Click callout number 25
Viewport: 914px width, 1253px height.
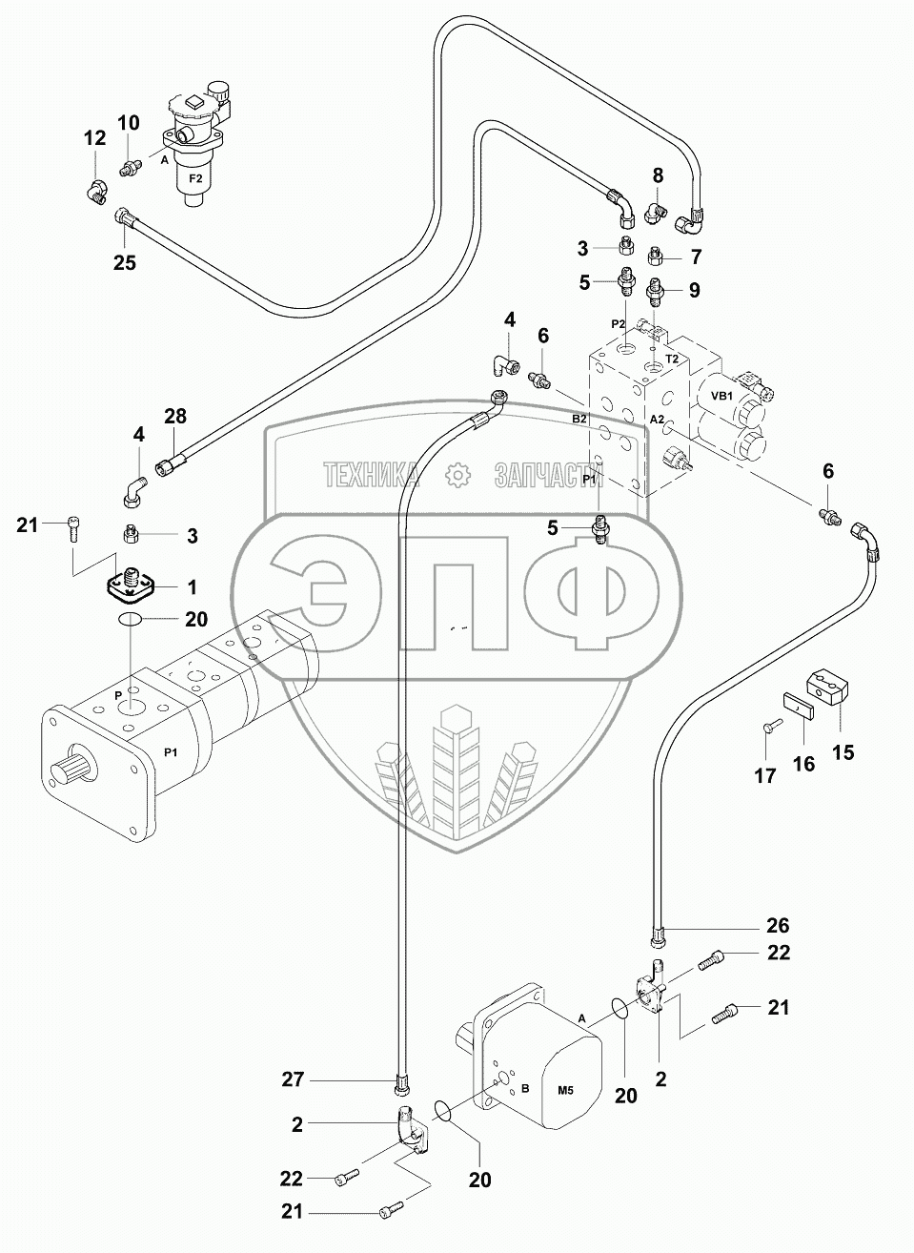(x=125, y=262)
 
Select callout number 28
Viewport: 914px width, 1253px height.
(x=175, y=416)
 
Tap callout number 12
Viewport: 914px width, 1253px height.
(x=94, y=137)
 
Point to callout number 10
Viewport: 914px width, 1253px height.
(x=129, y=122)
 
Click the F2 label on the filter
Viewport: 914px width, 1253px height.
(x=195, y=179)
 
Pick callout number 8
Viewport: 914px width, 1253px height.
(x=658, y=175)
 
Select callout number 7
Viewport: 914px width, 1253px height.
(x=696, y=257)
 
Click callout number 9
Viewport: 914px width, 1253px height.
(x=694, y=290)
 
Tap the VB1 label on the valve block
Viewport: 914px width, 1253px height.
(x=721, y=396)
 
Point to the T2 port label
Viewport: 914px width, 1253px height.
(x=672, y=359)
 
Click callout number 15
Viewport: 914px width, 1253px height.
(x=843, y=752)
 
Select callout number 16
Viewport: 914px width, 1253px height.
(x=803, y=763)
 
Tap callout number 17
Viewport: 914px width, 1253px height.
(x=764, y=775)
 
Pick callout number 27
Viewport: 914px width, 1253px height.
(x=293, y=1078)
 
